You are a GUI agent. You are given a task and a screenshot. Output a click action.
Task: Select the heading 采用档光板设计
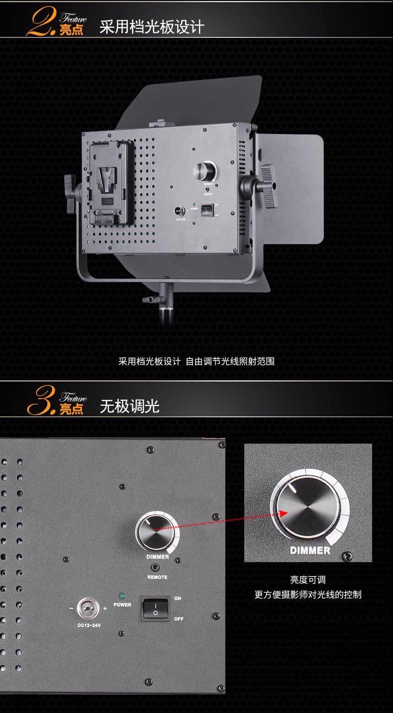[x=152, y=27]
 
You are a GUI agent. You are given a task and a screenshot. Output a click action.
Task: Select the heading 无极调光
[x=129, y=406]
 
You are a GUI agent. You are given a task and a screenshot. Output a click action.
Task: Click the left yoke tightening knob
[x=71, y=193]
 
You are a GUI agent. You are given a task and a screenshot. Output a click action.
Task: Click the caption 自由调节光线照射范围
[x=230, y=361]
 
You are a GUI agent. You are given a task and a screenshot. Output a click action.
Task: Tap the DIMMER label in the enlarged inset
[x=310, y=550]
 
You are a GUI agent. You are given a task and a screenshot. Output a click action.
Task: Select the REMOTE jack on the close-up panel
[x=157, y=568]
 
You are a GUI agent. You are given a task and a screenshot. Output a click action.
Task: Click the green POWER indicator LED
[x=121, y=596]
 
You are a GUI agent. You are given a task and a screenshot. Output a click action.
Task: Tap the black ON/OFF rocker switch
[x=155, y=608]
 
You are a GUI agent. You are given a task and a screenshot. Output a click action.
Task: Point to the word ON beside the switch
[x=178, y=598]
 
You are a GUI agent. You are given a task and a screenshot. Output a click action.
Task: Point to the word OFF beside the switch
[x=179, y=619]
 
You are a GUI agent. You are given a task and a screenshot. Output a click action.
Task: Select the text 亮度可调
[x=308, y=580]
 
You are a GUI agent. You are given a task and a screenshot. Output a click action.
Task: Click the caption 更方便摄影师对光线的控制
[x=308, y=594]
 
